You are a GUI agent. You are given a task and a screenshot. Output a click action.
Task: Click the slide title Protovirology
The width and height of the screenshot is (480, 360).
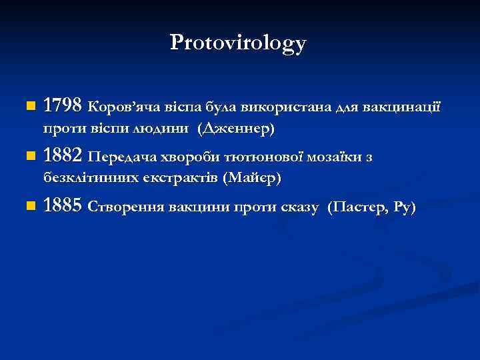coord(239,43)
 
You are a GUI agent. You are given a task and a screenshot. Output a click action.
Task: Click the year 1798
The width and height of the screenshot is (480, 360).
coord(62,105)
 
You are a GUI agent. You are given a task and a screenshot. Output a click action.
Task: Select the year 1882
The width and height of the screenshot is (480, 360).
coord(62,157)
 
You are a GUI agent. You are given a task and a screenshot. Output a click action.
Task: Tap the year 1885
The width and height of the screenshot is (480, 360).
coord(62,207)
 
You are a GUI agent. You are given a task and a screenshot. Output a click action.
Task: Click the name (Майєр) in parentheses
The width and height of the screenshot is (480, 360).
coord(253,178)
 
